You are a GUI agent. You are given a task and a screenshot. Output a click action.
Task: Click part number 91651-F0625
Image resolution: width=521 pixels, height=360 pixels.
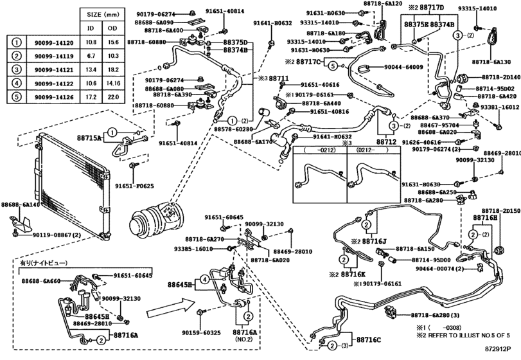[x=135, y=186]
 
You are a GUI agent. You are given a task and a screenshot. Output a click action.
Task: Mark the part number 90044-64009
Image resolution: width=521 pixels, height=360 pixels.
[x=403, y=67]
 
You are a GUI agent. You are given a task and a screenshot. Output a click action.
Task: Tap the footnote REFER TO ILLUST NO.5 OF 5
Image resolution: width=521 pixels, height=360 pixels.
[x=470, y=335]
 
